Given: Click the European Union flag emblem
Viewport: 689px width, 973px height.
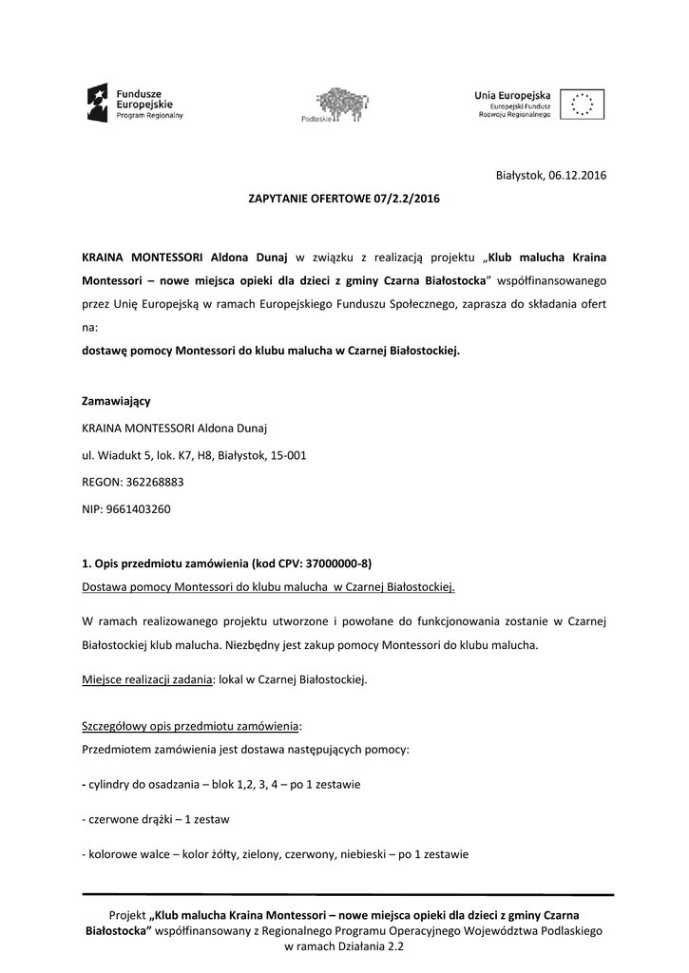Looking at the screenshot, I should coord(583,103).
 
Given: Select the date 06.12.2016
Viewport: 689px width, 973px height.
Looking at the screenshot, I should coord(578,175).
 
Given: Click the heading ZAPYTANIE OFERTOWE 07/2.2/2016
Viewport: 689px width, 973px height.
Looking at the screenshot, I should coord(344,200).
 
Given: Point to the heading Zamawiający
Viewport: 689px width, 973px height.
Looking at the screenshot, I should coord(117,401).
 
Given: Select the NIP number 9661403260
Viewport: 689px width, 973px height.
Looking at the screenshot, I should coord(139,509).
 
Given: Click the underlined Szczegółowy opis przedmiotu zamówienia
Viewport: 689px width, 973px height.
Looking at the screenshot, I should coord(190,727).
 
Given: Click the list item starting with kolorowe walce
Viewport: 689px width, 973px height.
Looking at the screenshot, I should coord(276,854).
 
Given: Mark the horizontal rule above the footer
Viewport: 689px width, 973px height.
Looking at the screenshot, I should coord(348,894).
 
